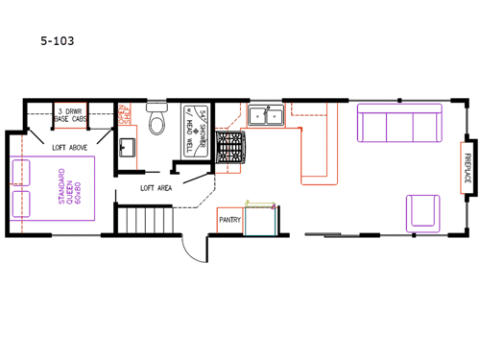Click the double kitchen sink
[264, 116]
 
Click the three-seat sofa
[397, 122]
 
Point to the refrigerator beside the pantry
[259, 218]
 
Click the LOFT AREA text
[156, 187]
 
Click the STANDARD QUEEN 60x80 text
[67, 189]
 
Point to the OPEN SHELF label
[123, 114]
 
